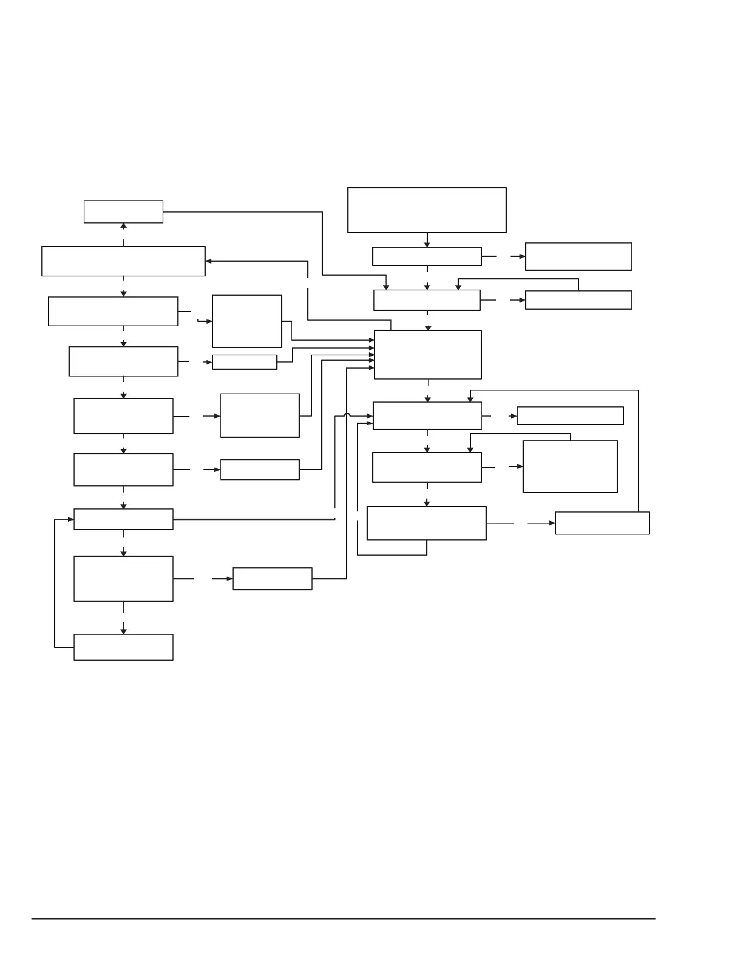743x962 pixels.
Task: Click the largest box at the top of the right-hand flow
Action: coord(427,210)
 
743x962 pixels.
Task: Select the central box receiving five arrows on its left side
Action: coord(428,355)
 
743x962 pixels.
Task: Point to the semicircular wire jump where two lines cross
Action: coord(347,415)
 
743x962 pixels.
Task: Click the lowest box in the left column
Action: coord(123,647)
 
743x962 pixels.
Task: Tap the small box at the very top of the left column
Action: coord(123,211)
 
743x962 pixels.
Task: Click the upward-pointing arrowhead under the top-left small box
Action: coord(123,226)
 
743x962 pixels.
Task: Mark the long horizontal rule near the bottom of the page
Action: coord(344,919)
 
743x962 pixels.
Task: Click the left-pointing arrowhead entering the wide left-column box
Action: coord(209,261)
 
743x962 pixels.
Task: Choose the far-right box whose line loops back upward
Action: coord(602,523)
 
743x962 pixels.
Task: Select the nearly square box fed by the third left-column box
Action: coord(246,321)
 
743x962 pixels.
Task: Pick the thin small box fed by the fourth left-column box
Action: coord(245,362)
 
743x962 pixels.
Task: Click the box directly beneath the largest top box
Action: coord(427,256)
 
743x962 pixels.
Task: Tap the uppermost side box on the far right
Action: coord(578,256)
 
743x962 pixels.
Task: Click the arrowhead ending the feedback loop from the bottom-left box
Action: coord(71,519)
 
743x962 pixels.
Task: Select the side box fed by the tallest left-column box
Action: coord(273,579)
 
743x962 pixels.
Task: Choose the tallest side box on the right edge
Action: coord(570,466)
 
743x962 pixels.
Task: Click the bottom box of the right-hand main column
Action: coord(427,523)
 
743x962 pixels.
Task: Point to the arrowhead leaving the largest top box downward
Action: coord(427,244)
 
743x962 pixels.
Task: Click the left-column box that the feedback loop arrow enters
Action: coord(123,519)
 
